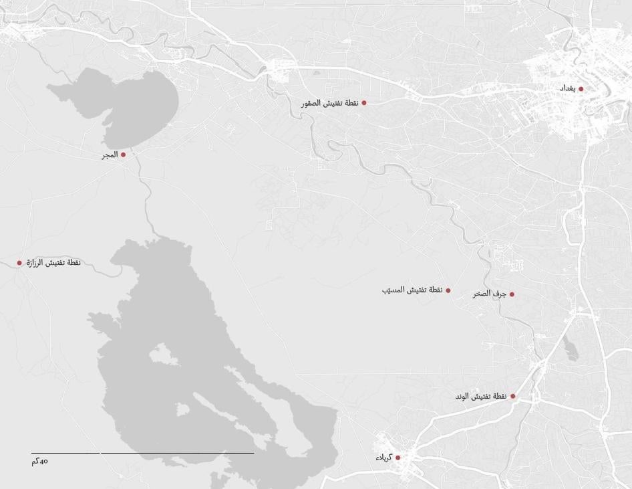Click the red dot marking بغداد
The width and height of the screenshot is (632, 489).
coord(581,89)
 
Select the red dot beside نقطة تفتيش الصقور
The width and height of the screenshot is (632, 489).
coord(364,103)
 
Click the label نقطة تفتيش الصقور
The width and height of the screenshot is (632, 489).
coord(330,103)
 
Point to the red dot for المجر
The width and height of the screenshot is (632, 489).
coord(123,155)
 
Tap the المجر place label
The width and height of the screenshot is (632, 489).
coord(110,155)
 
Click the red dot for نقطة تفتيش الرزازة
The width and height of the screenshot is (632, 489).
coord(19,263)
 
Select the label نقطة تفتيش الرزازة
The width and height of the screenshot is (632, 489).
coord(53,262)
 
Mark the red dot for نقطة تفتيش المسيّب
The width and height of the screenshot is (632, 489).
coord(448,290)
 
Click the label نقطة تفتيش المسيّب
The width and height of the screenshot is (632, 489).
coord(412,290)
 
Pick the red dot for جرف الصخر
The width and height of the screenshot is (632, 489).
coord(512,294)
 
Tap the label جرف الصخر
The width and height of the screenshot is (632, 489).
coord(490,294)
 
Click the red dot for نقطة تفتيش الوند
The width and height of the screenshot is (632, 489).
coord(513,396)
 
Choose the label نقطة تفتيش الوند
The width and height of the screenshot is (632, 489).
coord(481,396)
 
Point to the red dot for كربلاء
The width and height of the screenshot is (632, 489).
coord(398,458)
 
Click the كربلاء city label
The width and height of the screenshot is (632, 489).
coord(383,458)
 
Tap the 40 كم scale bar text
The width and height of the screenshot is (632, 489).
coord(40,461)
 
